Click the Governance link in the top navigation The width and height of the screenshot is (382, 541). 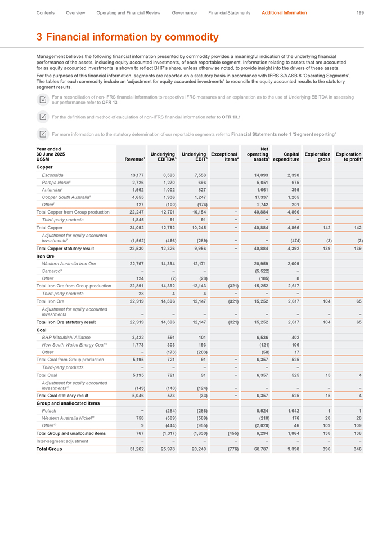click(x=184, y=12)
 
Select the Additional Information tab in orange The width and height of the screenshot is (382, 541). click(x=284, y=12)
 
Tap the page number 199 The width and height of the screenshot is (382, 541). click(x=360, y=12)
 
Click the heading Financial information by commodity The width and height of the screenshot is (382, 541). click(x=127, y=37)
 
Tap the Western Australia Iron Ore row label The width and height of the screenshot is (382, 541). click(x=69, y=263)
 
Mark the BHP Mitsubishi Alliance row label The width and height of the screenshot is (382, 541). click(x=67, y=337)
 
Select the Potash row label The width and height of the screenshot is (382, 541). click(x=50, y=411)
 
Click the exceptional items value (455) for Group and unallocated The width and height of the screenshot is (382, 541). click(x=231, y=433)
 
